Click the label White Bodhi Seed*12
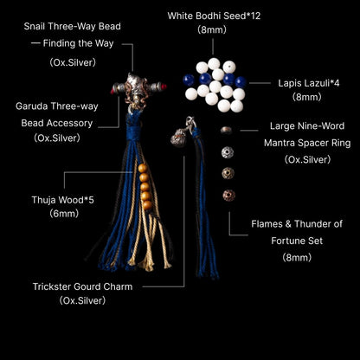tap(214, 16)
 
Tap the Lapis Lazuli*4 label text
tap(309, 83)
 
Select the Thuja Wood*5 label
tap(63, 200)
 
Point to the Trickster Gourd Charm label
tap(82, 286)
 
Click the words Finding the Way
tap(78, 43)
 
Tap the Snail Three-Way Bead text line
tap(72, 26)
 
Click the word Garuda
tap(32, 106)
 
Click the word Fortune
tap(289, 241)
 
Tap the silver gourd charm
tap(178, 138)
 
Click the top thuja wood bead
tap(143, 168)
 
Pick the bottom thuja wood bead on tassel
tap(147, 205)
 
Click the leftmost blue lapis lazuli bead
tap(189, 80)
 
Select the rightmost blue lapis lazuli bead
tap(241, 82)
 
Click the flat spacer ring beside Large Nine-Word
tap(226, 130)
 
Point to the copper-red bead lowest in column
tap(228, 196)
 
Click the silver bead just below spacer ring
tap(228, 152)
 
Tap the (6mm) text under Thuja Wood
tap(64, 214)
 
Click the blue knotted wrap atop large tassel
tap(133, 127)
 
